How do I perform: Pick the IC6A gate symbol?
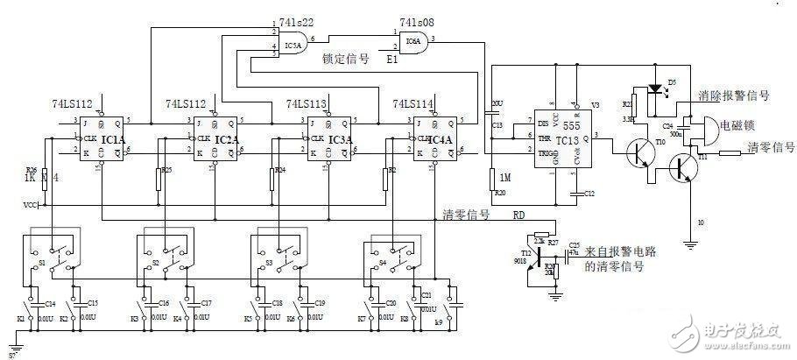413,40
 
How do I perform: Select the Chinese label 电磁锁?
734,126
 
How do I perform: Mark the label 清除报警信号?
734,95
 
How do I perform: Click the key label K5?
249,318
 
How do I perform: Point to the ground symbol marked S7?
11,356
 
